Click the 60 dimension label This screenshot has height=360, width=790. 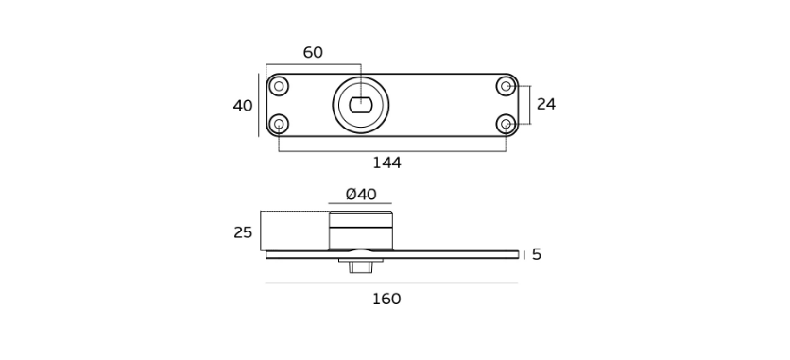click(x=313, y=52)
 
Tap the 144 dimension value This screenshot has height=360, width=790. click(x=386, y=163)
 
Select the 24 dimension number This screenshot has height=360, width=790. click(x=545, y=104)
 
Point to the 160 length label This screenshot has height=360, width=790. click(x=386, y=300)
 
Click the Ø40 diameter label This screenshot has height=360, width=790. click(x=361, y=195)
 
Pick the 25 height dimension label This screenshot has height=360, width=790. click(x=243, y=232)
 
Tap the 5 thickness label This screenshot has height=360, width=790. click(x=536, y=255)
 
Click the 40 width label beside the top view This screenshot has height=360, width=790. click(x=243, y=106)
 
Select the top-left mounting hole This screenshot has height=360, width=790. click(x=279, y=86)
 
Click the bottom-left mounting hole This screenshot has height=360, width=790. click(x=279, y=124)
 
